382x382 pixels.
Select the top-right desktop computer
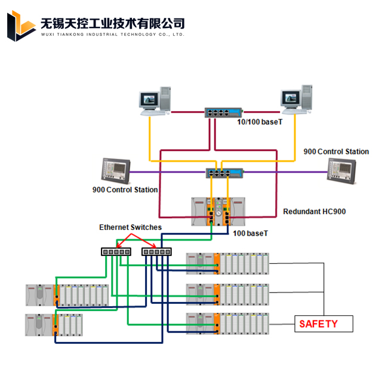[x=297, y=99]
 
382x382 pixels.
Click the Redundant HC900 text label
[x=314, y=211]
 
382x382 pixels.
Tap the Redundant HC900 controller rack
[x=218, y=211]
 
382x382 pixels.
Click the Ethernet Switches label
[x=130, y=227]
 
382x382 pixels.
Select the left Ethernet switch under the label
[x=116, y=251]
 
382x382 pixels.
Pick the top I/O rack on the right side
[x=227, y=263]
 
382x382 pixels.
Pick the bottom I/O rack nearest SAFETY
[x=227, y=323]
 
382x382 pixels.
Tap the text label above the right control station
[x=336, y=152]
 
